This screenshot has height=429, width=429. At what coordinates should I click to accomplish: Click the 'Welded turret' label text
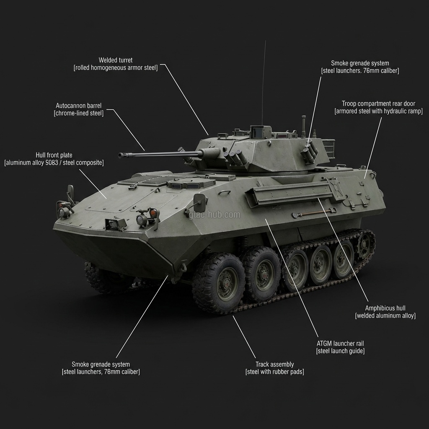coord(116,60)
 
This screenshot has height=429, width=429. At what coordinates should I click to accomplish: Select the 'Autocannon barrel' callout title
coord(79,106)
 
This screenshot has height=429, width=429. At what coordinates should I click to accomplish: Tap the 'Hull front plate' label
coord(54,155)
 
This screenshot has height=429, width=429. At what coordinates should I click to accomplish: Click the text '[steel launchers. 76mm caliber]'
coord(360,71)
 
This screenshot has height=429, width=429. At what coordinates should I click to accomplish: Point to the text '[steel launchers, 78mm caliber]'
coord(101,372)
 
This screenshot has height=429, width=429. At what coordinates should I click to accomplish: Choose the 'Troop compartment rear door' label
coord(378,103)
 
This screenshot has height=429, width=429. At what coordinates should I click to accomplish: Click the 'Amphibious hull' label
coord(385,308)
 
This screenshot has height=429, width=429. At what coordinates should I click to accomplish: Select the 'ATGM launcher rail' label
coord(340,344)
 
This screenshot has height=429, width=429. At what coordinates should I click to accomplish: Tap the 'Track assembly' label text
coord(274,364)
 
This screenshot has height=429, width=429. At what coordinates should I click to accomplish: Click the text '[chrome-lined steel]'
coord(79,113)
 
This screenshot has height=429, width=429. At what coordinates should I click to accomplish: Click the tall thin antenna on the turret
coord(264,84)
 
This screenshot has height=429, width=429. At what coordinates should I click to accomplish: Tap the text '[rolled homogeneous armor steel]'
coord(116,68)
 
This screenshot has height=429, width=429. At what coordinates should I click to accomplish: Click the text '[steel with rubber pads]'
coord(274,372)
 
